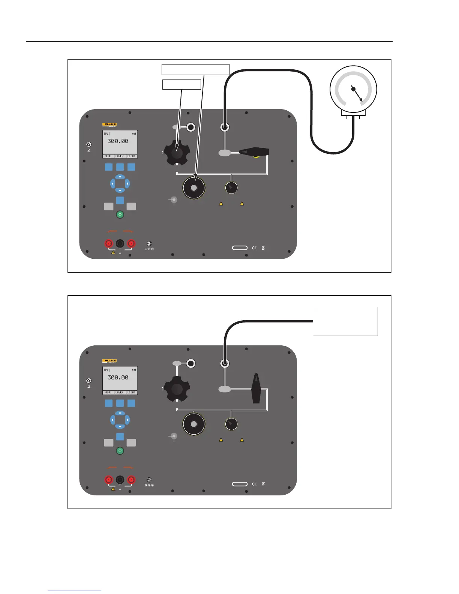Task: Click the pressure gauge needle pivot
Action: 353,89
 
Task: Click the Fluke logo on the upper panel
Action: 109,124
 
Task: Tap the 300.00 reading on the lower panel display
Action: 118,377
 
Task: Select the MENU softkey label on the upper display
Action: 108,156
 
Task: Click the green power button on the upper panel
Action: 120,214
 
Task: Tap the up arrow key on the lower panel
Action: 120,413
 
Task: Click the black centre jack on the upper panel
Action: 120,243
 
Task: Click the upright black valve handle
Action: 256,388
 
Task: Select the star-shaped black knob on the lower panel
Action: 177,389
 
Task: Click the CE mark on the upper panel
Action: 254,248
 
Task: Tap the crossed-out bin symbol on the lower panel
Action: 263,484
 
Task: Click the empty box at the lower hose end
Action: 345,321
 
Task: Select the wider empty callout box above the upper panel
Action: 195,69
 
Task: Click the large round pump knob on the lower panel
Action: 194,424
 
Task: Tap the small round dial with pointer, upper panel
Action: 231,187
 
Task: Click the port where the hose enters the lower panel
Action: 224,363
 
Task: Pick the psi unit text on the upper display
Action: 134,134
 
